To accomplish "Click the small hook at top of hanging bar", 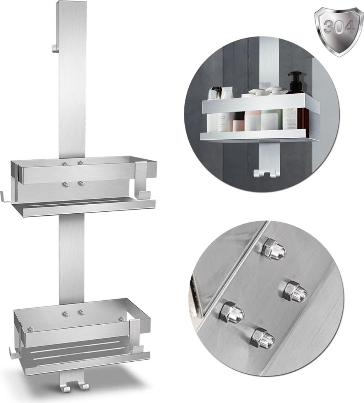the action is coord(54,48).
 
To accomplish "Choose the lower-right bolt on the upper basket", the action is coord(81,184).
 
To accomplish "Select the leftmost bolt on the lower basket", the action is coord(31,329).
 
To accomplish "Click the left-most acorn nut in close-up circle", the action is coord(232,312).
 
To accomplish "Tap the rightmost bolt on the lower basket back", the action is coord(122,320).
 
